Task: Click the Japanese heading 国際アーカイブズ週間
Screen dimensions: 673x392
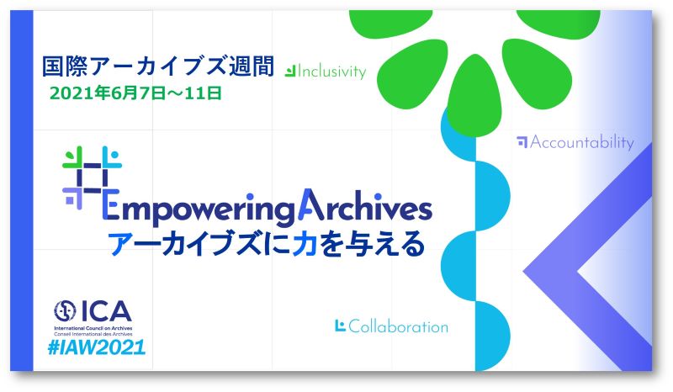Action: [158, 66]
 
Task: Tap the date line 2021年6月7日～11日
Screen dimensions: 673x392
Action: [135, 93]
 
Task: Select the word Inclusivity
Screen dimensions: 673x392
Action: [331, 72]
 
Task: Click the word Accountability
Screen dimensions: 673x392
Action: [581, 142]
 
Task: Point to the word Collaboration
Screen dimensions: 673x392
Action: [398, 326]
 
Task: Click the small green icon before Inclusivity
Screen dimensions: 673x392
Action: [290, 72]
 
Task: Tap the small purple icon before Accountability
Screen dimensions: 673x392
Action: [522, 142]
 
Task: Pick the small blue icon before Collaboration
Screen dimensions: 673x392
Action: [340, 326]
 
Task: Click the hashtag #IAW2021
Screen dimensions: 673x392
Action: [97, 347]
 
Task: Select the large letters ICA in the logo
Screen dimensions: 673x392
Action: [106, 311]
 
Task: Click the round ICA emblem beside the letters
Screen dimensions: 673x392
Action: [65, 311]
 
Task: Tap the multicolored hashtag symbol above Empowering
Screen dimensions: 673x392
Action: [92, 177]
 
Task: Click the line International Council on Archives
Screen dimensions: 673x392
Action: [93, 328]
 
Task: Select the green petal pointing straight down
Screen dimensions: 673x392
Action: [474, 94]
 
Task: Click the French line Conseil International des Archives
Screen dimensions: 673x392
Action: [93, 334]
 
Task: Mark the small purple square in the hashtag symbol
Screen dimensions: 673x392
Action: [70, 200]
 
